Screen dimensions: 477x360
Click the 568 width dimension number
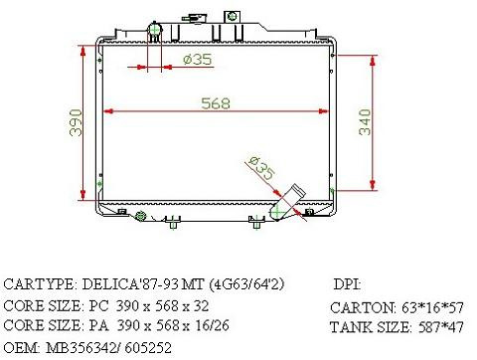(216, 103)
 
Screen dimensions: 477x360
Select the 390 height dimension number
(76, 122)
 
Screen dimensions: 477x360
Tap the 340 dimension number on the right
(365, 122)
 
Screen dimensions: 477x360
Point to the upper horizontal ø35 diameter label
(197, 60)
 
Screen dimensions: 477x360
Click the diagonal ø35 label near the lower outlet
(261, 167)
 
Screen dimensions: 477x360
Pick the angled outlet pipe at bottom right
(285, 203)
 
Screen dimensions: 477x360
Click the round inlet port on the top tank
(154, 30)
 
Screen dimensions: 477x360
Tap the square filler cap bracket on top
(232, 16)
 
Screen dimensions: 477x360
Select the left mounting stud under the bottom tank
(173, 223)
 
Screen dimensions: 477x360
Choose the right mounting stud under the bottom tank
(256, 223)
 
